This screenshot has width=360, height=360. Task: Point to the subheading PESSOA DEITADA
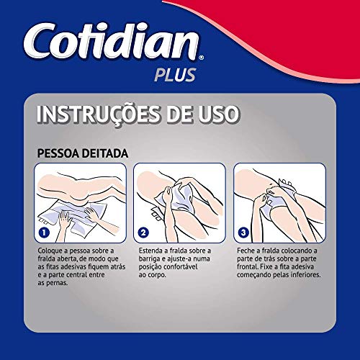click(x=82, y=153)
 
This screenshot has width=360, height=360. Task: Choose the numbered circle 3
click(x=245, y=233)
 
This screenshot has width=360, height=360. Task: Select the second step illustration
click(x=179, y=202)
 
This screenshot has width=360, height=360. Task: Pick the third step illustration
click(x=278, y=202)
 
